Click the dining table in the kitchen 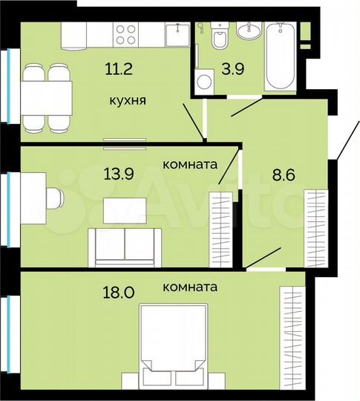[x=45, y=97]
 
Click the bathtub [x=281, y=56]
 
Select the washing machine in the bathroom [x=204, y=81]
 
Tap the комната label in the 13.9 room [x=189, y=165]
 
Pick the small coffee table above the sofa [x=125, y=210]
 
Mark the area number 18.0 [x=117, y=292]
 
